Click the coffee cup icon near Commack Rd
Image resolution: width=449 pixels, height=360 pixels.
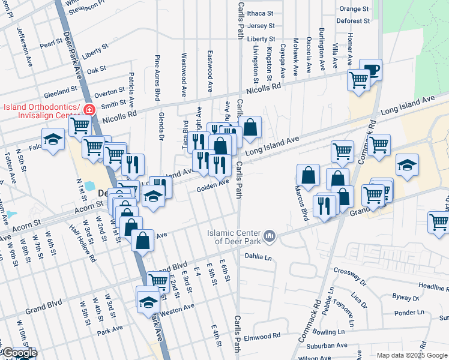click(371, 69)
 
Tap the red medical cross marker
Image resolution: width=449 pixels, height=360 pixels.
click(89, 110)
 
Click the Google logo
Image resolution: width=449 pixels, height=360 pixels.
click(19, 353)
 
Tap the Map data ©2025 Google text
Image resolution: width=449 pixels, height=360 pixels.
click(411, 355)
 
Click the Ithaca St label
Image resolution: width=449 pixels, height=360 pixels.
click(260, 12)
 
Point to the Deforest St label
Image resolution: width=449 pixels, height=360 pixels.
click(353, 21)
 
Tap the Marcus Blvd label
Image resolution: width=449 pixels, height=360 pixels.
click(304, 205)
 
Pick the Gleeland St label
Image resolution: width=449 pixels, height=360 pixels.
click(58, 92)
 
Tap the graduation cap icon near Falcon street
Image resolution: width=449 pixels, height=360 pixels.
click(53, 139)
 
